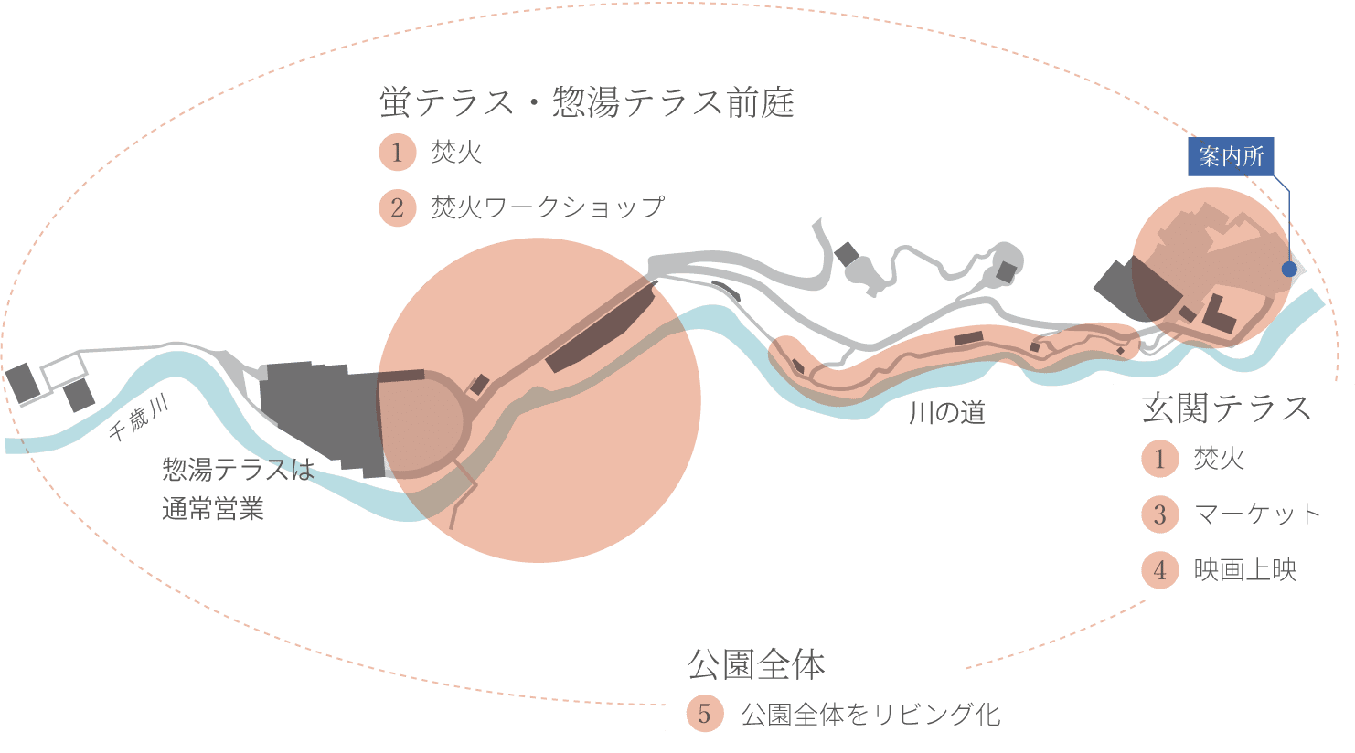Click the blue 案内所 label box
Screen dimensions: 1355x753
[x=1231, y=156]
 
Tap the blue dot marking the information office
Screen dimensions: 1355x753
[x=1288, y=270]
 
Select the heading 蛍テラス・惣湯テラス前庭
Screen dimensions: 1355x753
[x=586, y=102]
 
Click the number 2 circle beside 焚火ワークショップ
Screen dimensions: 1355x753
[x=397, y=207]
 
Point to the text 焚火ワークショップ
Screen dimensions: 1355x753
[x=548, y=207]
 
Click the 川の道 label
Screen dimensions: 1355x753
[x=947, y=413]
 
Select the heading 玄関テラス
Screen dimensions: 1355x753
[x=1226, y=408]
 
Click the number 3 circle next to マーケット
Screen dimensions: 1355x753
[x=1159, y=514]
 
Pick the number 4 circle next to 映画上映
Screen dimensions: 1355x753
[x=1159, y=570]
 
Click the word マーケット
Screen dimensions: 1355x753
[x=1257, y=514]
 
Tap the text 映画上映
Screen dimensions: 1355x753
[x=1245, y=570]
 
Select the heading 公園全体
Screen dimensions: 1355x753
[x=756, y=664]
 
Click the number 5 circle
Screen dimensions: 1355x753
[x=704, y=714]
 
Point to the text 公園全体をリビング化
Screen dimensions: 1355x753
[x=870, y=714]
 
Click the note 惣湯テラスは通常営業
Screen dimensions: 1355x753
[x=238, y=489]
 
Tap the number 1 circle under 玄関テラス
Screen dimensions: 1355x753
[x=1159, y=458]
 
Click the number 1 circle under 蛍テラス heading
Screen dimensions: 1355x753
[x=397, y=152]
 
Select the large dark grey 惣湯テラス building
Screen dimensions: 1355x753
[x=320, y=416]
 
